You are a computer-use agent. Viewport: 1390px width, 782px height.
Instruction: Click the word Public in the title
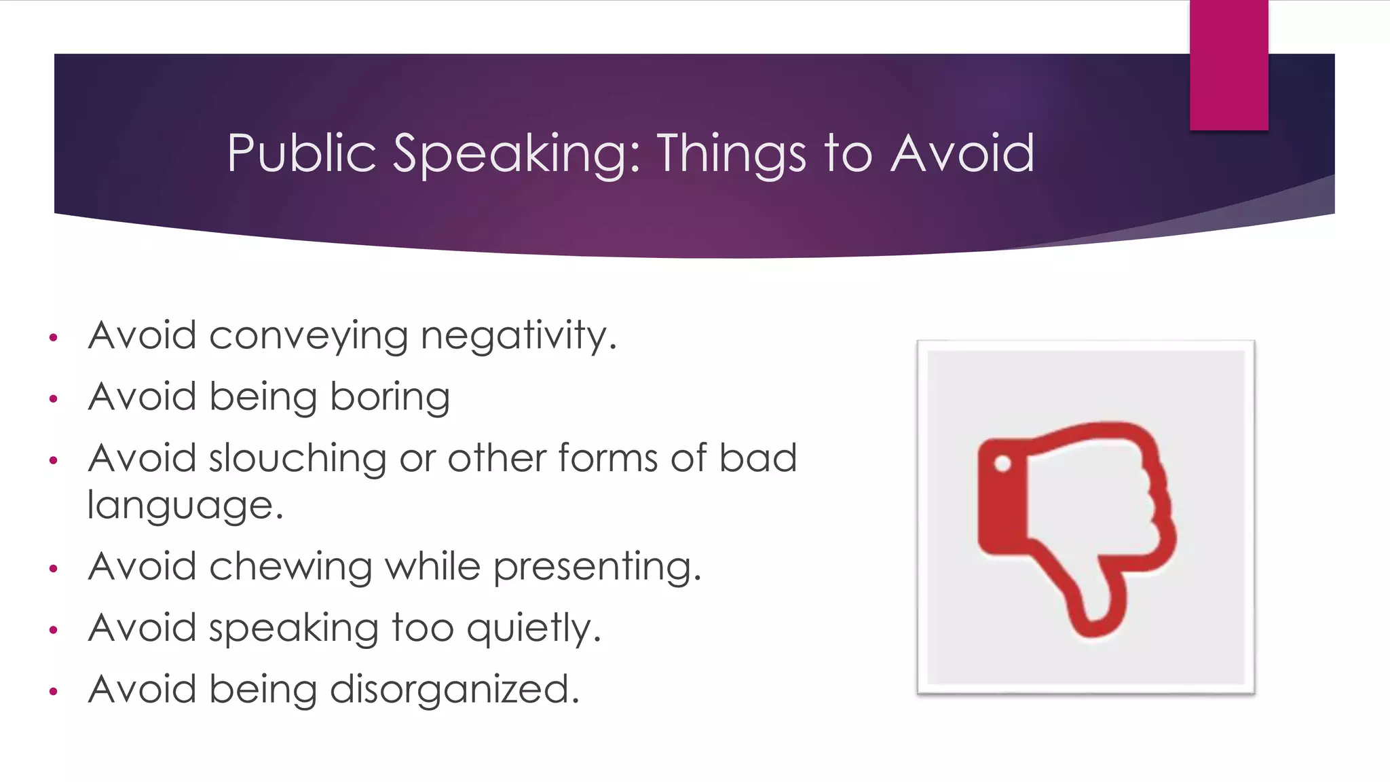click(301, 153)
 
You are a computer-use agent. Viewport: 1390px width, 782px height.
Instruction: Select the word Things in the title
click(731, 155)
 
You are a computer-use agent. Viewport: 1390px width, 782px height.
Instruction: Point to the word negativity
click(518, 336)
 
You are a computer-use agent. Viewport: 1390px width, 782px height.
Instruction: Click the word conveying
click(308, 336)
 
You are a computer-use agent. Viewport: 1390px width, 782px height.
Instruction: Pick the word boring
click(390, 398)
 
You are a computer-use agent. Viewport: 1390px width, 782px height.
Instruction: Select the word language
click(185, 506)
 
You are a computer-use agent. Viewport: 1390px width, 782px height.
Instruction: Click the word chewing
click(290, 567)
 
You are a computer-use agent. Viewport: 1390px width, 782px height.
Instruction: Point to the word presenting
click(597, 567)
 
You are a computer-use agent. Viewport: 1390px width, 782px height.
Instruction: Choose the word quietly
click(533, 629)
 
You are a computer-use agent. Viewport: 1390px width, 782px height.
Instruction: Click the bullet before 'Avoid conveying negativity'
click(54, 337)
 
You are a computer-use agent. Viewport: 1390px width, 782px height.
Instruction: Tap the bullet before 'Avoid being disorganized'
click(54, 692)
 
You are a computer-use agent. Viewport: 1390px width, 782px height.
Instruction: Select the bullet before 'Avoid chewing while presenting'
click(54, 568)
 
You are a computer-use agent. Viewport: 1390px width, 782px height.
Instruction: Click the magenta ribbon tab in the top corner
click(1228, 65)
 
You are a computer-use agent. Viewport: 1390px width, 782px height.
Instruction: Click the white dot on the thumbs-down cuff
click(1002, 464)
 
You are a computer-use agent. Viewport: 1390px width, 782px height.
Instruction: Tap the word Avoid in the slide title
click(962, 153)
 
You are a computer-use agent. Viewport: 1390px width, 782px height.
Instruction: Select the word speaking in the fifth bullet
click(293, 629)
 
